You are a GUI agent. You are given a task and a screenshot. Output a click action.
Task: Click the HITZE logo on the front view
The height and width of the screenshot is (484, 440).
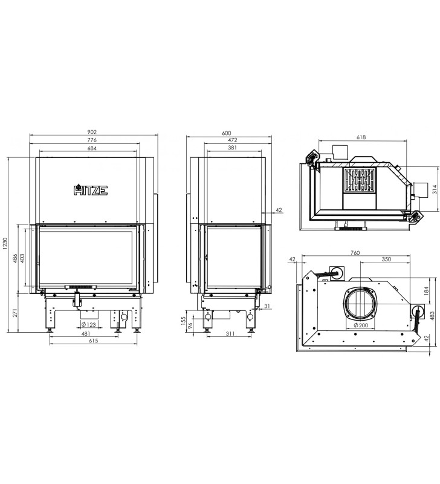tap(91, 190)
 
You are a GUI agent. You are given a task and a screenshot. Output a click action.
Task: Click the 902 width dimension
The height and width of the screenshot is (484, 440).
tap(92, 132)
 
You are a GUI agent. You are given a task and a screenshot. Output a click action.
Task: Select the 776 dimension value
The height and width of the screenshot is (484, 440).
tap(92, 140)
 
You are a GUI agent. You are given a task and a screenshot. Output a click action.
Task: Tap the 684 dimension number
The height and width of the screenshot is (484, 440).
tap(92, 148)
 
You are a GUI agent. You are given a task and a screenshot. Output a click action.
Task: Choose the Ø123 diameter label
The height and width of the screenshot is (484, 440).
tap(88, 324)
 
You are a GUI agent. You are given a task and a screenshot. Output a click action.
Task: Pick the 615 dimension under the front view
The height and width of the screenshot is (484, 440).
tap(93, 341)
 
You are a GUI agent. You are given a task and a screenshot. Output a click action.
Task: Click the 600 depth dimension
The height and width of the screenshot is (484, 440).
tap(226, 133)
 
